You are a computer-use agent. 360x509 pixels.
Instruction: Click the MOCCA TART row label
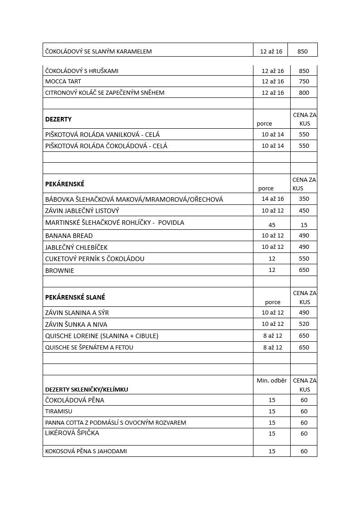pos(63,82)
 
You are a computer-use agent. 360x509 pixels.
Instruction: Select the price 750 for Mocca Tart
pos(304,82)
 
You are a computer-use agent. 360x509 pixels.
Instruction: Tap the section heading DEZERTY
pos(58,119)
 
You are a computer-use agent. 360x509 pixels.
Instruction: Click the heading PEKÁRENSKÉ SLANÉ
pos(75,297)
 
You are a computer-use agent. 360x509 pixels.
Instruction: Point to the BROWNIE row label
pos(59,271)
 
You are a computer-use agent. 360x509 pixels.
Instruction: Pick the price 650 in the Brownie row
pos(304,270)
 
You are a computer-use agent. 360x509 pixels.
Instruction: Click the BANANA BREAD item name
pos(69,236)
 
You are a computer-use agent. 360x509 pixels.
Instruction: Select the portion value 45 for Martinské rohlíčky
pos(272,225)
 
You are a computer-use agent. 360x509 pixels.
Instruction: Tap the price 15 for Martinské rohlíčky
pos(304,225)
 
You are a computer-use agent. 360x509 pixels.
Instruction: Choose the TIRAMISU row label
pos(59,412)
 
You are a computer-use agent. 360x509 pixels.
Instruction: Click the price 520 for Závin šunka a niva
pos(304,324)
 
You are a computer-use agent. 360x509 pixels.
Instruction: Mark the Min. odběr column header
pos(272,381)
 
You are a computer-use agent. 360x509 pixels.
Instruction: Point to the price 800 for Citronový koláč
pos(304,93)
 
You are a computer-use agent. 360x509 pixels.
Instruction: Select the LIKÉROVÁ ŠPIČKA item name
pos(72,433)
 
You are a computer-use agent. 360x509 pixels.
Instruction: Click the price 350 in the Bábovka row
pos(304,199)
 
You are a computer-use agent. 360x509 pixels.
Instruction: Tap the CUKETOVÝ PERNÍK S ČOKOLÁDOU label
pos(95,259)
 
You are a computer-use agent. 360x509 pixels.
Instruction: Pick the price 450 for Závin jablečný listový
pos(304,211)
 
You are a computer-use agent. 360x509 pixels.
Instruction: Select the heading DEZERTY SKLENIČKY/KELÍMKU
pos(87,389)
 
